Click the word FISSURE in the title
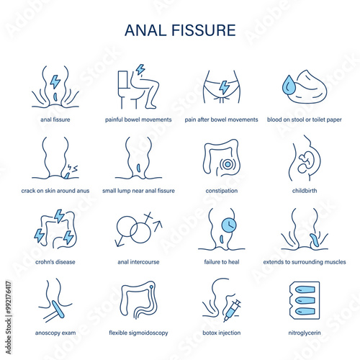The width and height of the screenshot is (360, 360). point(204,30)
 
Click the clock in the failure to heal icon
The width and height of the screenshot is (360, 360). point(229,225)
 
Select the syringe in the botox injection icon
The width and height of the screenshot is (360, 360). point(232,310)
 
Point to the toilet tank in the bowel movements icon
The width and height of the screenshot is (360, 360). point(122,80)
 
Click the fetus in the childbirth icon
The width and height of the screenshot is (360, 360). point(305,161)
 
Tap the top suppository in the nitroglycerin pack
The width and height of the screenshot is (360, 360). point(305,289)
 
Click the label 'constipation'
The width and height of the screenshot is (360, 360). point(222,191)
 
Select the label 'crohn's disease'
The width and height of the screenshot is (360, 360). point(55,262)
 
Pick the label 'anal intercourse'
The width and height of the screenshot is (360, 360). point(138,262)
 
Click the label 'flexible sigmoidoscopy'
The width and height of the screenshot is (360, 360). point(138,333)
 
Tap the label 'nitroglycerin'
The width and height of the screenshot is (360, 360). point(305,333)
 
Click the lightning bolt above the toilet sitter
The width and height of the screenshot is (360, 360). point(140,69)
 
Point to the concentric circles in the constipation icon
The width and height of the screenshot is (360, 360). point(228,164)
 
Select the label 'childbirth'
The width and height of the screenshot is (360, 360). point(305,191)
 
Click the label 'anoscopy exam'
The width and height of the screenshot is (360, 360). point(55,333)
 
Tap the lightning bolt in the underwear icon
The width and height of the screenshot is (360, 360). point(225,87)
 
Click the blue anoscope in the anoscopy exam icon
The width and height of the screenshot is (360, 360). point(58,310)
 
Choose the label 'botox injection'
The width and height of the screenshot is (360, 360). point(222,333)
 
